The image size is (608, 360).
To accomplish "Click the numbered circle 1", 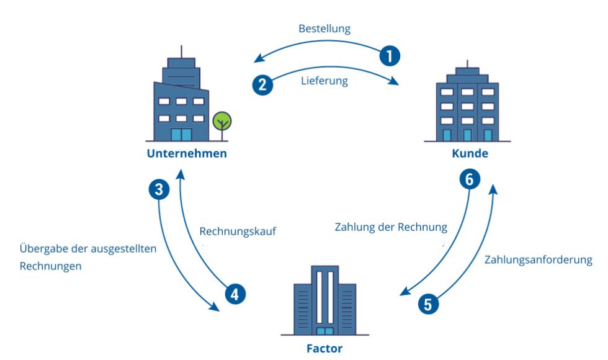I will (389, 56).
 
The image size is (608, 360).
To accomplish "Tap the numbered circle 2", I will (262, 84).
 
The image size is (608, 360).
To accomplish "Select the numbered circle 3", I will (159, 189).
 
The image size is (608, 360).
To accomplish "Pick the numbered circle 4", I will (235, 294).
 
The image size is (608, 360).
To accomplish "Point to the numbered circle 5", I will (428, 304).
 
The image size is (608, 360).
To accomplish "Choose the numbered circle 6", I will (470, 179).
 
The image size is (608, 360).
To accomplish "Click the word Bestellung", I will (324, 29).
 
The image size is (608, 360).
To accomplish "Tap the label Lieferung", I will (324, 81).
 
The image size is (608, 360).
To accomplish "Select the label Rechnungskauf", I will (237, 231).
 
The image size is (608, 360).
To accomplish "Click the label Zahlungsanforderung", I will (538, 259).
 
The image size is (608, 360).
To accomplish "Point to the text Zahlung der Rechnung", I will (391, 227).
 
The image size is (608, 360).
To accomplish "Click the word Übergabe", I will (45, 248).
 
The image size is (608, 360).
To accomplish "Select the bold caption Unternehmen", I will (186, 153).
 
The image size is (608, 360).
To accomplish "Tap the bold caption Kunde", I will (470, 153).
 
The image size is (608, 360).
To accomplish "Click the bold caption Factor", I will (324, 348).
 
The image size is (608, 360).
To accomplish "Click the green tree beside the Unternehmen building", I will (221, 121).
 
